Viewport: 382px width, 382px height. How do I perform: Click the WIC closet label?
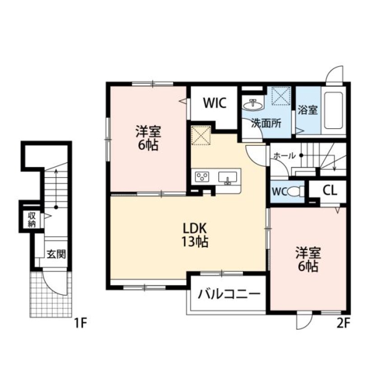pos(214,103)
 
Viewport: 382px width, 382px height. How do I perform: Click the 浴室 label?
pos(307,110)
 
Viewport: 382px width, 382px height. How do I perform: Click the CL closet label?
pos(330,190)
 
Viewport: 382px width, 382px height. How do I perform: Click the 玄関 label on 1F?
pos(56,254)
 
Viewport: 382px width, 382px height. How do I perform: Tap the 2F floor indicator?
pos(342,323)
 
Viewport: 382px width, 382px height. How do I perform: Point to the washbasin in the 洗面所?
pos(253,104)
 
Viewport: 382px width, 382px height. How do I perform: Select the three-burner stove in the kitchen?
pos(201,177)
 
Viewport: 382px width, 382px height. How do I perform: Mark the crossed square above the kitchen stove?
pos(201,135)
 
